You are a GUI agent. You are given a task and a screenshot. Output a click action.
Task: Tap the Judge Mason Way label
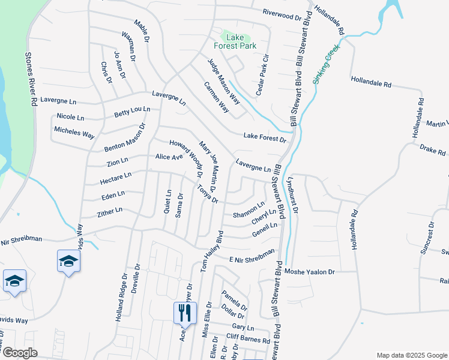[x=223, y=79]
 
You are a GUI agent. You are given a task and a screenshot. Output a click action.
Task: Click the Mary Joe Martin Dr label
[x=208, y=163]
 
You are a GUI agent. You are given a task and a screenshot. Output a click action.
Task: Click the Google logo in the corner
[x=19, y=353]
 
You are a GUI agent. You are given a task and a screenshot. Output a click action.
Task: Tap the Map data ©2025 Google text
[x=411, y=355]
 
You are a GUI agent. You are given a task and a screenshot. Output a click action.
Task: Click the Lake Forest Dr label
[x=264, y=138]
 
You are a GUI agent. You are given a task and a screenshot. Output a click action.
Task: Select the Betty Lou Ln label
[x=132, y=112]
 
